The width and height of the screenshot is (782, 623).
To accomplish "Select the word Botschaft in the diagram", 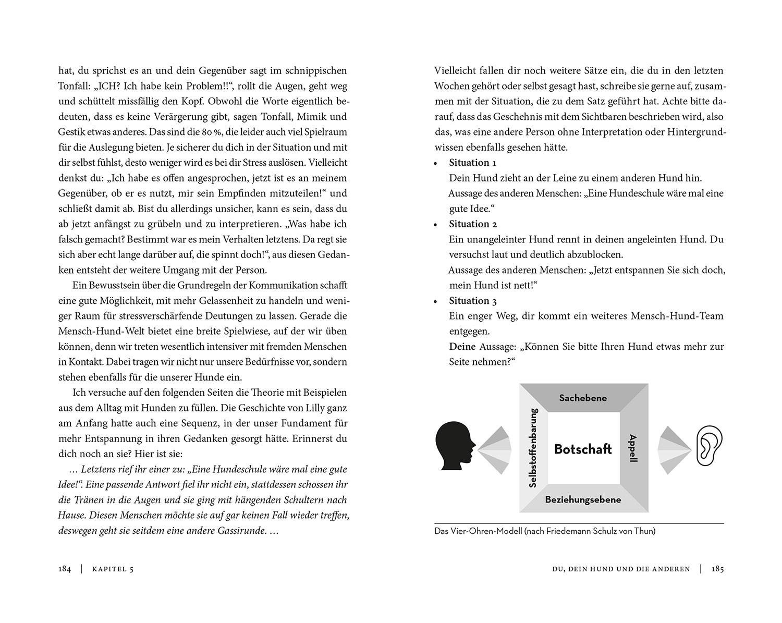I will click(x=583, y=449).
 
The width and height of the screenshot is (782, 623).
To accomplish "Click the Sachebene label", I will click(x=583, y=398).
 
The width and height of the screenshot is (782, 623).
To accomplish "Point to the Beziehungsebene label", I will click(x=583, y=499).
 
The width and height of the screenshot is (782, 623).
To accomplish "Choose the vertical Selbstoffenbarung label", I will click(x=533, y=448).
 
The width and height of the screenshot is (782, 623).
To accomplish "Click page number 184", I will click(x=65, y=569).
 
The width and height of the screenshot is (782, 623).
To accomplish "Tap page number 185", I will click(x=717, y=569).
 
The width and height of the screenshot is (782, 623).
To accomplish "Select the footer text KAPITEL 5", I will click(x=113, y=569).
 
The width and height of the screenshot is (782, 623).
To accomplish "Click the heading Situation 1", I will click(x=472, y=163).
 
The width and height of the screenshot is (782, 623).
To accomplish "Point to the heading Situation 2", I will click(x=473, y=224).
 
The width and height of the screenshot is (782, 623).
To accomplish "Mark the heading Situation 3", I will click(x=473, y=301).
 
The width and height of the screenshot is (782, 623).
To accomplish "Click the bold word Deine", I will click(x=462, y=347).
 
